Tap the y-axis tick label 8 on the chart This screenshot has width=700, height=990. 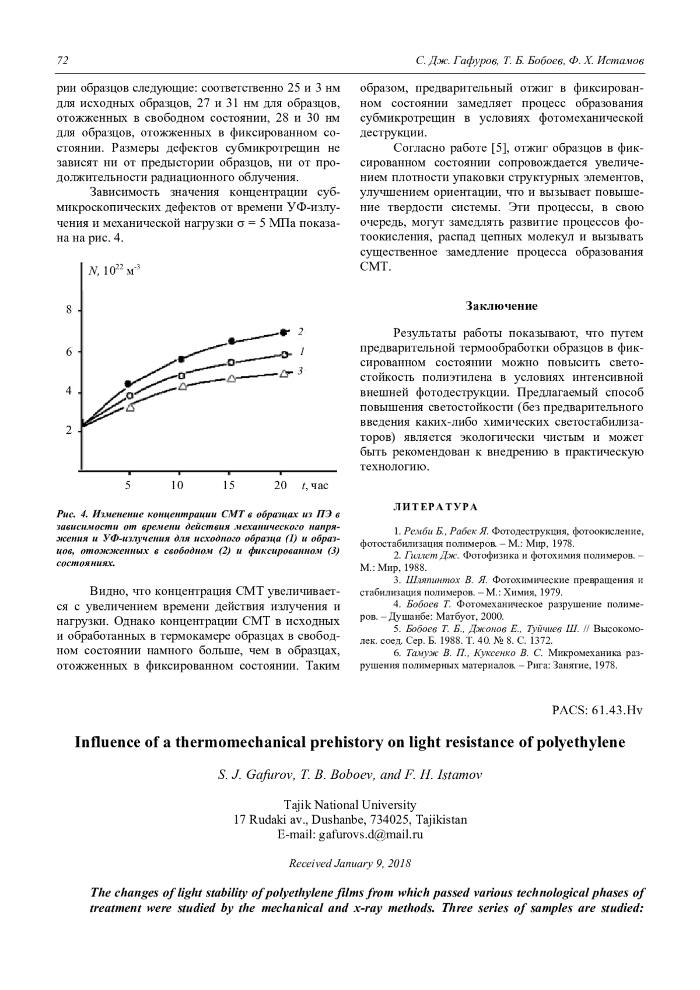(69, 310)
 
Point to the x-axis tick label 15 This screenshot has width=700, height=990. (229, 485)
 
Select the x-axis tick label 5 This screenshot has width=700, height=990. (128, 485)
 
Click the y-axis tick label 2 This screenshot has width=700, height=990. (69, 431)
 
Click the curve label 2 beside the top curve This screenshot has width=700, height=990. (300, 332)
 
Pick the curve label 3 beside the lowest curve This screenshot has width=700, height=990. (300, 370)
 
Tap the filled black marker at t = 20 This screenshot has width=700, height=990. (283, 332)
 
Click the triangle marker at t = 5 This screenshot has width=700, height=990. (130, 408)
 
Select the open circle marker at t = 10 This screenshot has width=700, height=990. (181, 375)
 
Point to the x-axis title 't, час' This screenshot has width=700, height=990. (315, 486)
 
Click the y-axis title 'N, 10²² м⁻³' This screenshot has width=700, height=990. (114, 271)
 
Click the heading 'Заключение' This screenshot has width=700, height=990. (501, 306)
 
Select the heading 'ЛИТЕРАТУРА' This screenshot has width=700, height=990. (436, 507)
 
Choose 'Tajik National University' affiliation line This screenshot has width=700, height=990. (350, 805)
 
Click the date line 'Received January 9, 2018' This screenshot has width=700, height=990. (350, 863)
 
